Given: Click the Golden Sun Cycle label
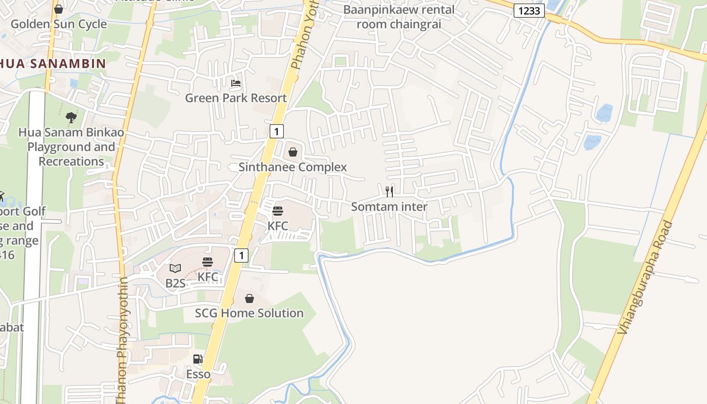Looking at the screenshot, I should (x=59, y=24).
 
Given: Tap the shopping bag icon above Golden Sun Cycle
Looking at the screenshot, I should (x=59, y=9).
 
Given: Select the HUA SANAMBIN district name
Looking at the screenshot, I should (x=53, y=64).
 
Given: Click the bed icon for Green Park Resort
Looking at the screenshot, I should (x=236, y=83).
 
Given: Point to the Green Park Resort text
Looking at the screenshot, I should (x=236, y=98).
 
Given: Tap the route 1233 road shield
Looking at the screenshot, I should (x=529, y=11).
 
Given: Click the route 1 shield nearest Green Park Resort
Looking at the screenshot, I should (x=276, y=131).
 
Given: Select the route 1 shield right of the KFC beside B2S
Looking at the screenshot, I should (x=241, y=255).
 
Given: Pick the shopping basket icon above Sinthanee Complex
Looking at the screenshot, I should (x=293, y=152).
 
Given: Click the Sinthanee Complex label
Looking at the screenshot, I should (x=293, y=167).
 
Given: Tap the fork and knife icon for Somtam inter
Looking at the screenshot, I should (x=389, y=191).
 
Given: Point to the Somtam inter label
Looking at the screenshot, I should (x=389, y=207).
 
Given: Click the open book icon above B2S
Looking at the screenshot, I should (x=175, y=268).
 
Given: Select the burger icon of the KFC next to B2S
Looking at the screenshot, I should (x=208, y=262).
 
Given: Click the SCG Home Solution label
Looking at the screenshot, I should (x=249, y=313).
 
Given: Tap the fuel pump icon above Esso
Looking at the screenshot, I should (x=198, y=359).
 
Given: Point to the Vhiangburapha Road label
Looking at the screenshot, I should (x=646, y=277).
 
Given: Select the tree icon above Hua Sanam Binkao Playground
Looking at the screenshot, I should (x=71, y=118).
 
